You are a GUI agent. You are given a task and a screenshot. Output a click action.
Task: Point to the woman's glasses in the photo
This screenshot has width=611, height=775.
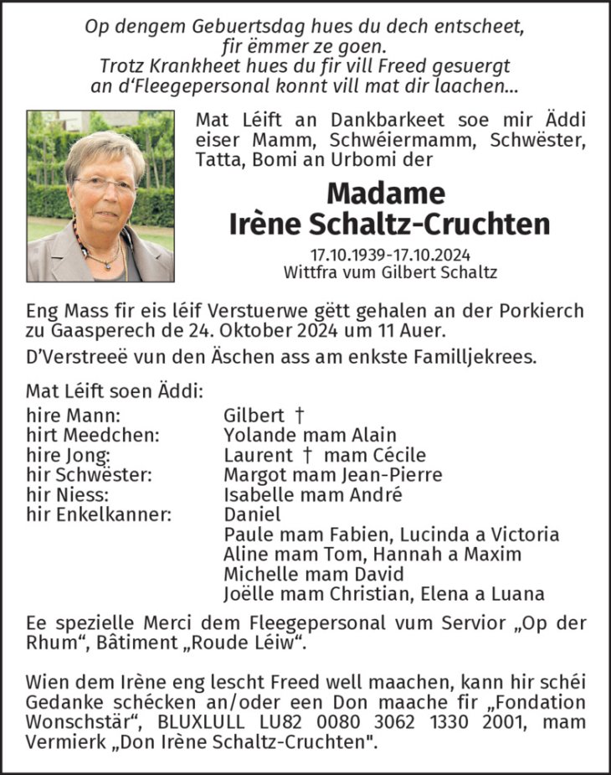pyautogui.click(x=105, y=184)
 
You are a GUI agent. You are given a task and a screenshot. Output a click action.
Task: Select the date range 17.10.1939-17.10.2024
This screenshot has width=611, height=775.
pyautogui.click(x=391, y=254)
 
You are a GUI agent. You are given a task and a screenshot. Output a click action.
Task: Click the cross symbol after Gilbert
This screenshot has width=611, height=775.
pyautogui.click(x=299, y=415)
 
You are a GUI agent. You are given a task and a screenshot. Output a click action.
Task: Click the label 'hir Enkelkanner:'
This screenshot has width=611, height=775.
pyautogui.click(x=98, y=514)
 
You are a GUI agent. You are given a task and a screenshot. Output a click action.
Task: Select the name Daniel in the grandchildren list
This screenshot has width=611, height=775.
pyautogui.click(x=253, y=514)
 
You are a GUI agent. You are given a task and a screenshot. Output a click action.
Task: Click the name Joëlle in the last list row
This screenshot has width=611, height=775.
pyautogui.click(x=249, y=594)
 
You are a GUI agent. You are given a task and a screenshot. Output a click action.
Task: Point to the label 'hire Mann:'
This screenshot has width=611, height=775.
pyautogui.click(x=73, y=415)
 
